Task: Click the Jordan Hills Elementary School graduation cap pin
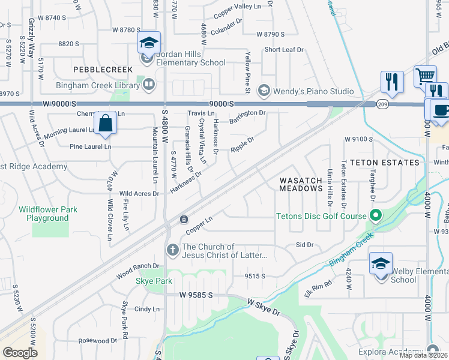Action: coord(149,43)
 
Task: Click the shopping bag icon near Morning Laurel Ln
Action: coord(105,123)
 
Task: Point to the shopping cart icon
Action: coord(425,77)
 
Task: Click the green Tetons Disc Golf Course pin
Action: coord(376,215)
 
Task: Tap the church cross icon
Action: coord(172,250)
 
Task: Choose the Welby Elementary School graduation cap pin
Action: coord(381,264)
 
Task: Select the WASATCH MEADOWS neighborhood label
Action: coord(301,184)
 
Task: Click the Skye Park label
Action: coord(154,281)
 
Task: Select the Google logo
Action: coord(20,352)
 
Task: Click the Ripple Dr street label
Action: coord(243,145)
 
